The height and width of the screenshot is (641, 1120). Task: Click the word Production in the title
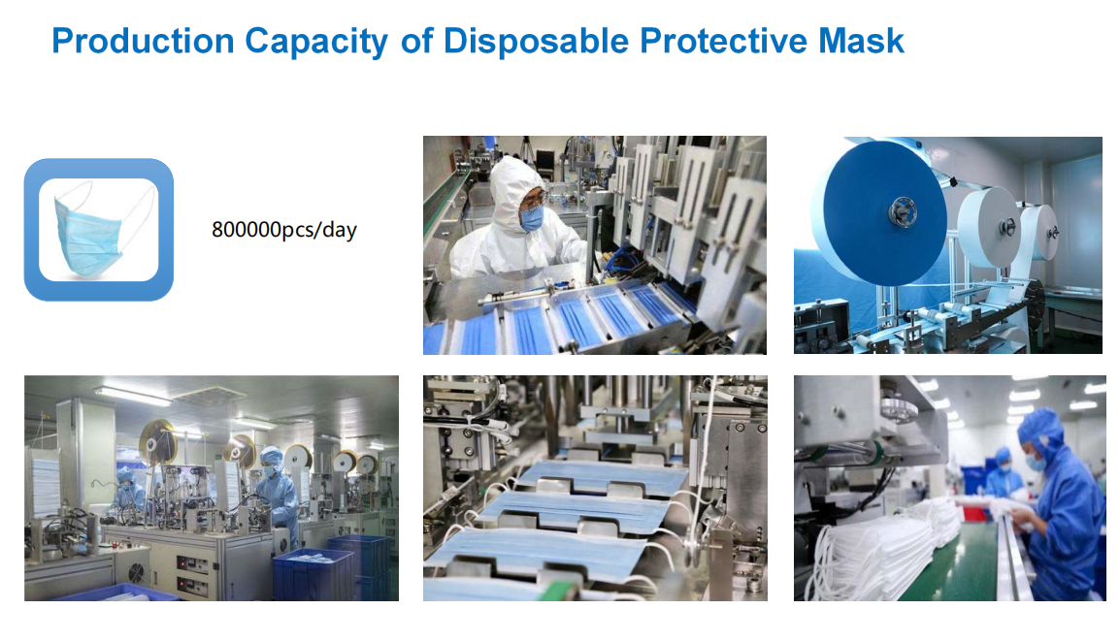pos(143,41)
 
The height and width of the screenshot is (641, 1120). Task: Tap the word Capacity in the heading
pos(316,42)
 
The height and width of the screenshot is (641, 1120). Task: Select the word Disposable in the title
pos(536,42)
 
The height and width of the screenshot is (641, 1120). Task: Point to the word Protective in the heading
pos(724,41)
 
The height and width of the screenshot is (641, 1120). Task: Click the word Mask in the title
pos(862,41)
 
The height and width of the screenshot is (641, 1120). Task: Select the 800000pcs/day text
pos(283,230)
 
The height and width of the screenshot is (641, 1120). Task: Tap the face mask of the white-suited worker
pos(531,218)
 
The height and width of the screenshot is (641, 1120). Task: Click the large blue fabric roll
pos(884,212)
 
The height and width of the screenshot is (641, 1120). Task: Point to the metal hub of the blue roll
pos(903,212)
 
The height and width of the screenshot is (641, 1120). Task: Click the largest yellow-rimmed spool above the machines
pos(158,442)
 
